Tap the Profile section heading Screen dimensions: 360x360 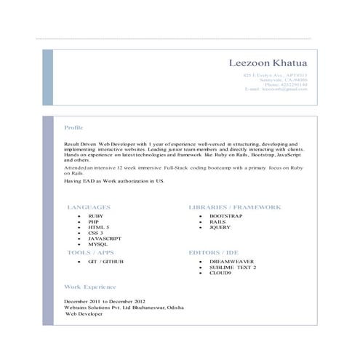point(73,127)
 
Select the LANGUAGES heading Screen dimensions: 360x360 point(89,207)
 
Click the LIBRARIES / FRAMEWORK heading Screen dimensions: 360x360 point(234,207)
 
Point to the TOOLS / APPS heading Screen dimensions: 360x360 point(90,252)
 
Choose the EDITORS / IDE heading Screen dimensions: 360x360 point(214,252)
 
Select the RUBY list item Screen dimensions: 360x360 point(96,217)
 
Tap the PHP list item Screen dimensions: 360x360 point(94,222)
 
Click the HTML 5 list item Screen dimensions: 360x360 point(99,228)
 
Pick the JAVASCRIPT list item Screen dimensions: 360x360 point(105,239)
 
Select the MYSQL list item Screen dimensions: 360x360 point(97,244)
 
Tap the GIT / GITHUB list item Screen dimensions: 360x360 point(105,261)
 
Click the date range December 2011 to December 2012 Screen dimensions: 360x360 point(105,301)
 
